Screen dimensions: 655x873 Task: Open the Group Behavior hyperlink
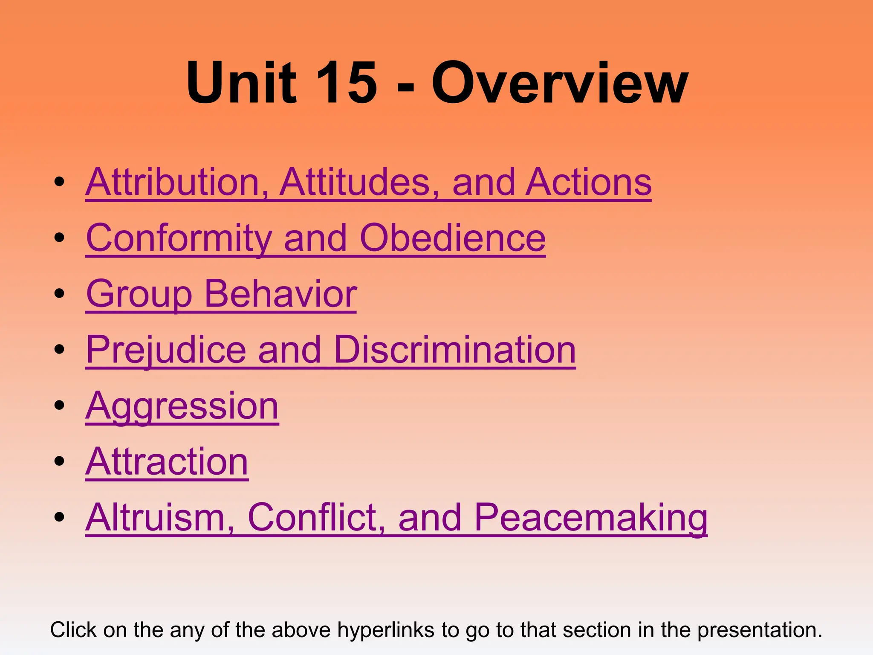pos(221,294)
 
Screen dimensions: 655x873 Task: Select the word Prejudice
pos(166,350)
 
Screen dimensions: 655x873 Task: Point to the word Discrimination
pos(455,350)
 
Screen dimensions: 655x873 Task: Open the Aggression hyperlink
pos(182,406)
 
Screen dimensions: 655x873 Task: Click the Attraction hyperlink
pos(167,462)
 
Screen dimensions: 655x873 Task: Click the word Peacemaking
pos(591,517)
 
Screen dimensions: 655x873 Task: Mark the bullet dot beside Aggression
pos(59,405)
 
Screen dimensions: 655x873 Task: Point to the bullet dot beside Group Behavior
pos(59,293)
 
